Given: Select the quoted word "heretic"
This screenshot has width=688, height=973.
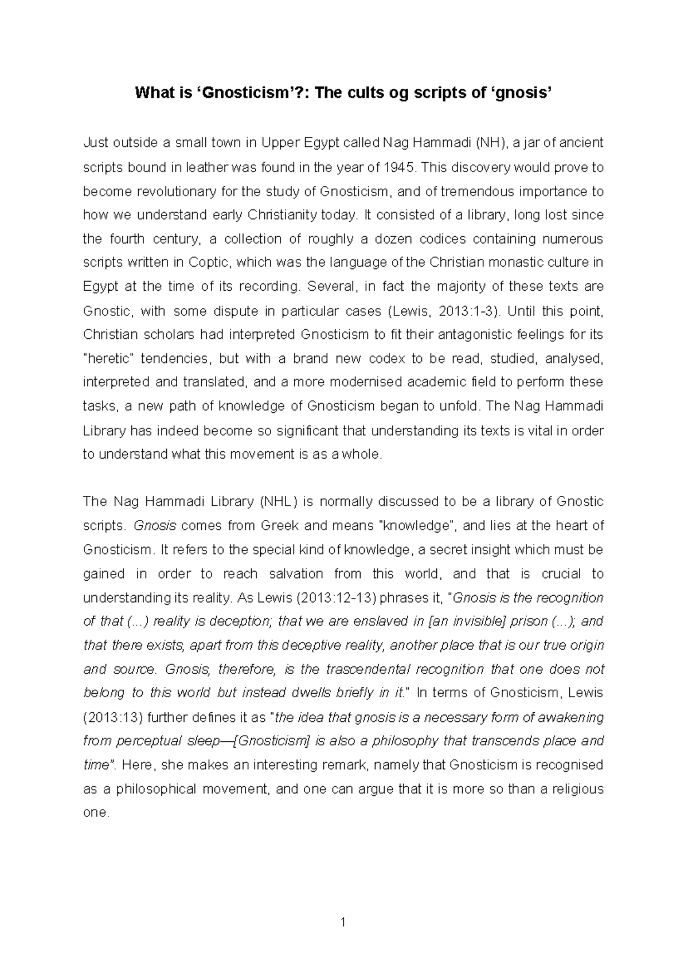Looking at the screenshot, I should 108,358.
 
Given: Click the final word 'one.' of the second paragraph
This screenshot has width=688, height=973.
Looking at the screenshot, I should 96,812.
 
